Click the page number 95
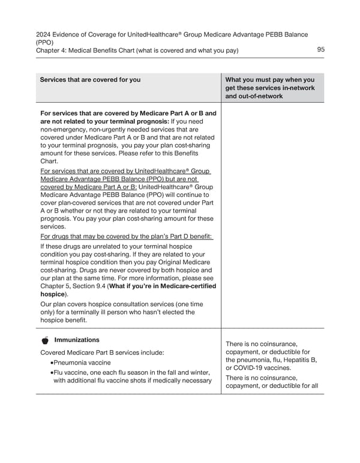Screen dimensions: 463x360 (x=320, y=50)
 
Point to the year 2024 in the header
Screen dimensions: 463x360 (x=44, y=35)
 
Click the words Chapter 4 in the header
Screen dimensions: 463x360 (x=54, y=50)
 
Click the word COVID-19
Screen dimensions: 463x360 (x=251, y=368)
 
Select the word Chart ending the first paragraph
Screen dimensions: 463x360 (x=49, y=161)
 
